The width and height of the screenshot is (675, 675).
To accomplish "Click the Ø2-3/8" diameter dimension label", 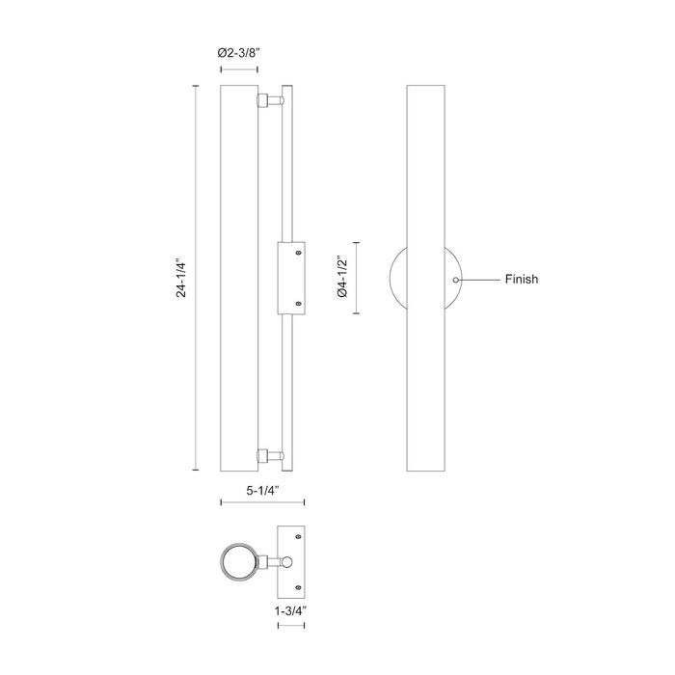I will [239, 55].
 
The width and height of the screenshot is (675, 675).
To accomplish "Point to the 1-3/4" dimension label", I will [291, 610].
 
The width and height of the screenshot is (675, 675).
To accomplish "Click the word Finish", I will [521, 280].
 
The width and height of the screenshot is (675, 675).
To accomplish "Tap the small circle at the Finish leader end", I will [457, 279].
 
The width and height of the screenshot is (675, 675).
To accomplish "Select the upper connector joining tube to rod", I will [269, 100].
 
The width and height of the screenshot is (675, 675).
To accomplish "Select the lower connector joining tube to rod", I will [269, 455].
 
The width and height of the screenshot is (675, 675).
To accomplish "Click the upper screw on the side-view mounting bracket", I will [298, 253].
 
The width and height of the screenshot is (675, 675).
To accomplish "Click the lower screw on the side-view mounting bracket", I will [298, 304].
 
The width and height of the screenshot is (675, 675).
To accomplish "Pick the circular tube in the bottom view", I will [237, 562].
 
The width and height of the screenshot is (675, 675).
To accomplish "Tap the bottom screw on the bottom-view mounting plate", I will [298, 586].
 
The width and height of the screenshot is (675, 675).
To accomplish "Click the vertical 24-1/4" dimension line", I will [197, 279].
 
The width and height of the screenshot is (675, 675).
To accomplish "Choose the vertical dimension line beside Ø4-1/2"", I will [359, 279].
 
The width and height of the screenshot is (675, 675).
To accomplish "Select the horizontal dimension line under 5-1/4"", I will [262, 502].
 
